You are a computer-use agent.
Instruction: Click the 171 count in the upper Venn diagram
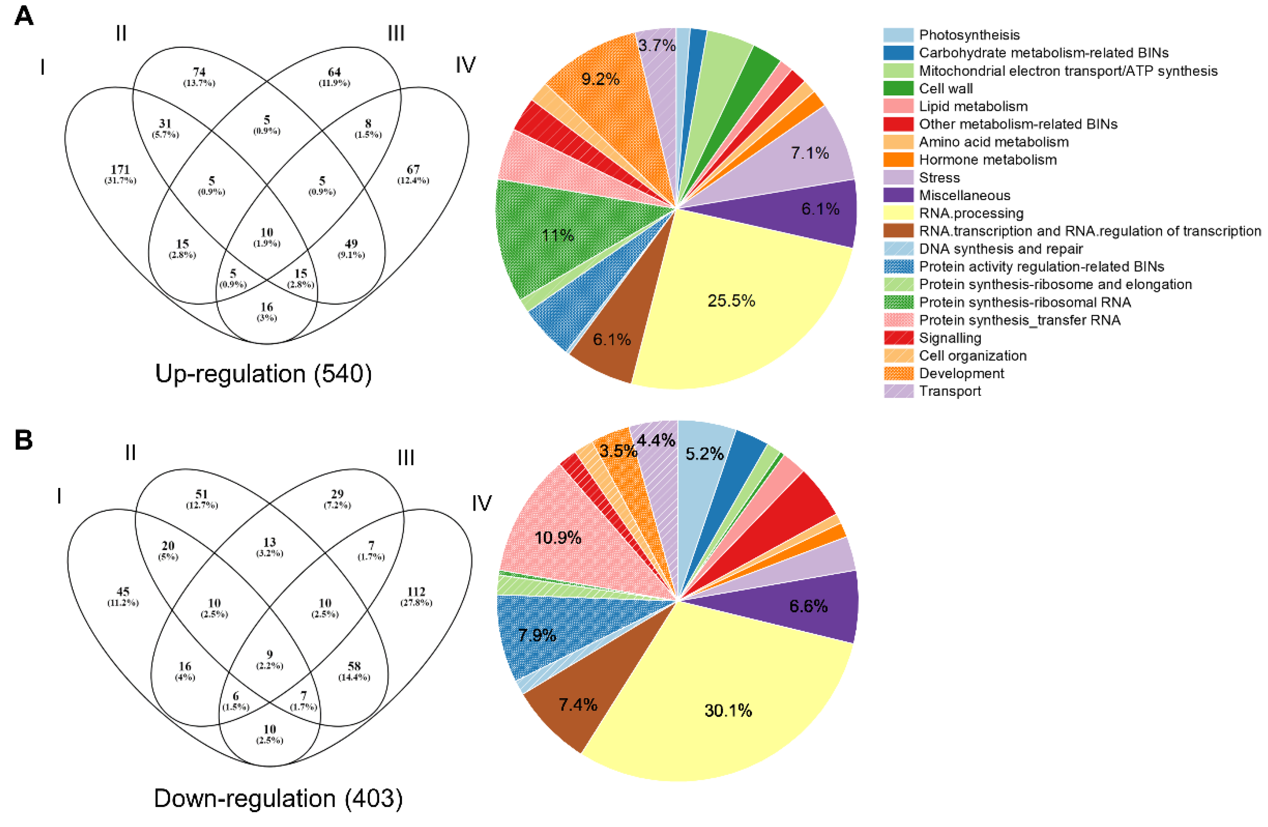[120, 170]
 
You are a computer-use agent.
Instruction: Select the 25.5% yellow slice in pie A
[731, 301]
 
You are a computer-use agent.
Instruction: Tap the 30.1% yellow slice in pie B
[728, 710]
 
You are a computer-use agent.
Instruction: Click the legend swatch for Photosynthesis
[898, 35]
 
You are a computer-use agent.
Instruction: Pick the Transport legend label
[949, 391]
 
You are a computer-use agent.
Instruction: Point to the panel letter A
[24, 16]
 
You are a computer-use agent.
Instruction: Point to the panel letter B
[24, 440]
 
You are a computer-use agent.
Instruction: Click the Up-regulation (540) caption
[263, 374]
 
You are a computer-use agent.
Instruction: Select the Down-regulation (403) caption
[278, 798]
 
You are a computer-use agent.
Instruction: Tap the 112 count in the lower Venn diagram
[416, 592]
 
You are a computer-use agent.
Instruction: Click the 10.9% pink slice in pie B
[557, 537]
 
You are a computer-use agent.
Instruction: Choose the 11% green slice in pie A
[557, 235]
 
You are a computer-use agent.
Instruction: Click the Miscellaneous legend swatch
[898, 195]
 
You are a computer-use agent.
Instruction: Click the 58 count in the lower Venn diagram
[354, 666]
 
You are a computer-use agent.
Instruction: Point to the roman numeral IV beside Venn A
[465, 66]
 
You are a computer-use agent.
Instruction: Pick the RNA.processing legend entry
[971, 213]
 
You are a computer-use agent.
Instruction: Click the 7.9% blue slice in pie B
[537, 635]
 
